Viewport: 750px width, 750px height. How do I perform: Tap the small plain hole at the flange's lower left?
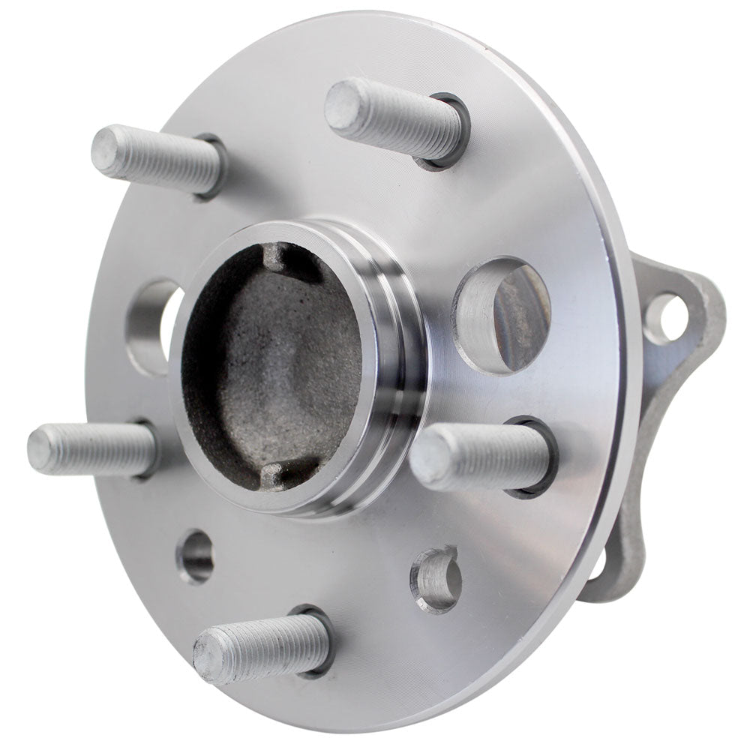point(196,556)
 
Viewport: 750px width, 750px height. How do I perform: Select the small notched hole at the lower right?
point(436,578)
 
